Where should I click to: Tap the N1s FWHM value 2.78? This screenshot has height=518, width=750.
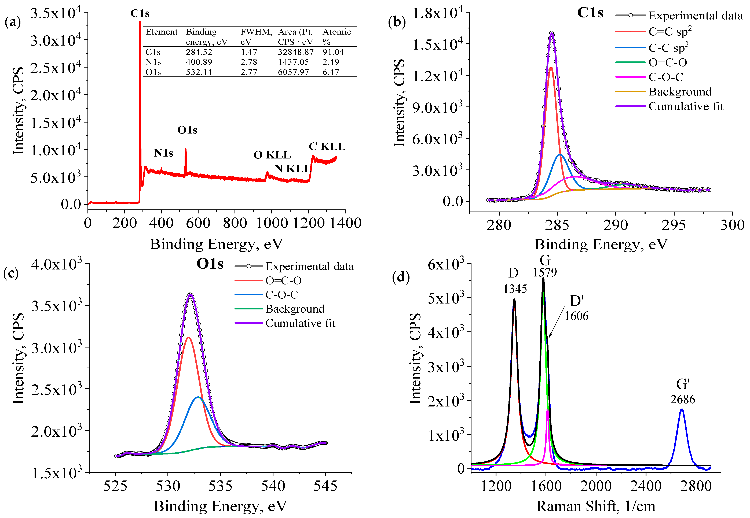[x=249, y=62]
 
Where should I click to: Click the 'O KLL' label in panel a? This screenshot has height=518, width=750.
[x=272, y=155]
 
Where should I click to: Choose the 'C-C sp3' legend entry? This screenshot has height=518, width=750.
[x=668, y=48]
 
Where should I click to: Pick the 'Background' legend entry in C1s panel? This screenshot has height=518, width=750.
[x=680, y=92]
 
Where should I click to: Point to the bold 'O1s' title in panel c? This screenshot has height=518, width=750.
[x=210, y=264]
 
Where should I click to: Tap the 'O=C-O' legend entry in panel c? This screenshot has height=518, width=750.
[x=283, y=280]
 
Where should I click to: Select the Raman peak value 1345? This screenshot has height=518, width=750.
[x=515, y=288]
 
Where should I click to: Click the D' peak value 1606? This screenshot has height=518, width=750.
[x=576, y=316]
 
